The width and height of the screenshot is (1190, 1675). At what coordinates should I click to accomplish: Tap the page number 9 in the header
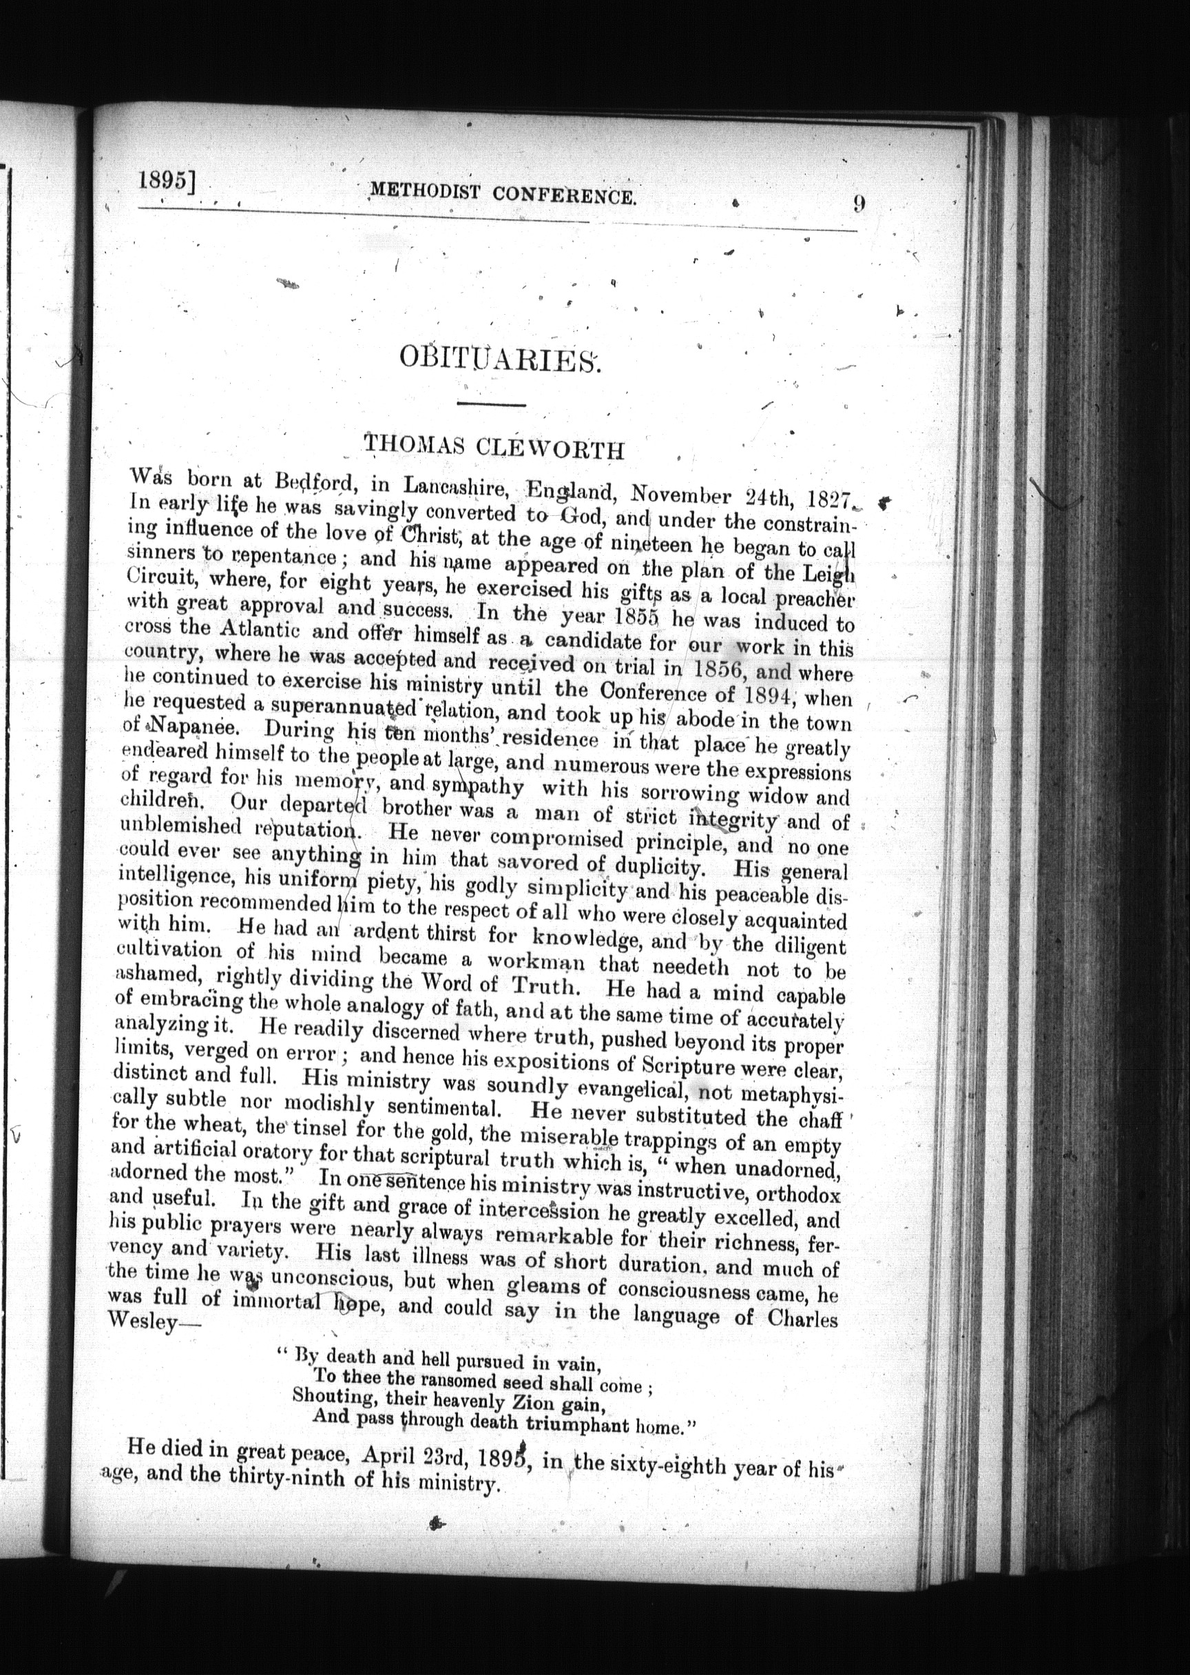pyautogui.click(x=859, y=203)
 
